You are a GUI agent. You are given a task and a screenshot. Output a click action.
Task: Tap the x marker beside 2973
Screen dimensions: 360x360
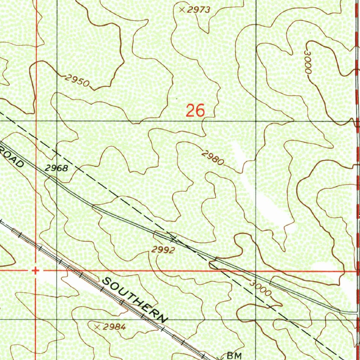pos(182,10)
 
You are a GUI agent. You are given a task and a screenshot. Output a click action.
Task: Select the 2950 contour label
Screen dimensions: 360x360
pos(77,81)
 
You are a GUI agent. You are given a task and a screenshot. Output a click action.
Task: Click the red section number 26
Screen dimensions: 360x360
pos(195,111)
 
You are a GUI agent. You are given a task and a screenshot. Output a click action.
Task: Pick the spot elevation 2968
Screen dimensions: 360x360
pos(56,168)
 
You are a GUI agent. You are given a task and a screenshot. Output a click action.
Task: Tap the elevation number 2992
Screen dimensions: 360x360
pos(163,250)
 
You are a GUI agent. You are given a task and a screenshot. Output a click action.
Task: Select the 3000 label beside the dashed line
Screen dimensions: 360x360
pos(261,288)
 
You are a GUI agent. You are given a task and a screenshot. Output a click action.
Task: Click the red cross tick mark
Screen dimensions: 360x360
pos(35,271)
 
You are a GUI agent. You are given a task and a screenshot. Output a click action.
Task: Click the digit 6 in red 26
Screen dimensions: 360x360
pos(200,111)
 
